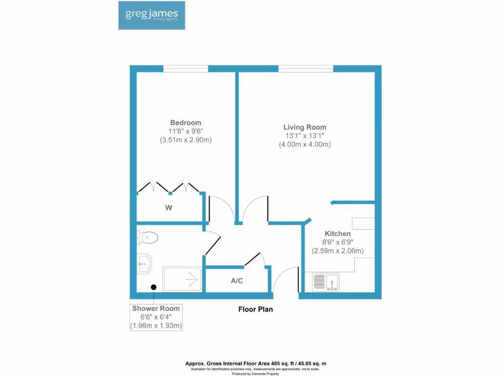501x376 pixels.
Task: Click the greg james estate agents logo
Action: [151, 15]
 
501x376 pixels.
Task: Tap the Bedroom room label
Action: [185, 122]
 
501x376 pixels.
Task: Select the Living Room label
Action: [305, 127]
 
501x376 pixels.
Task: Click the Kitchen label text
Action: [338, 234]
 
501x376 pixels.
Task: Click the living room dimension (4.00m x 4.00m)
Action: [305, 144]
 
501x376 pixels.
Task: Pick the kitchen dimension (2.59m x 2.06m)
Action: [338, 251]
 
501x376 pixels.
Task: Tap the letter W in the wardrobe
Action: [168, 208]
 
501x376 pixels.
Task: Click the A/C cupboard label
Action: [237, 281]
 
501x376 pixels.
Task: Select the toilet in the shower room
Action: [148, 238]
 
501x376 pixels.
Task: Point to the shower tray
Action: [182, 279]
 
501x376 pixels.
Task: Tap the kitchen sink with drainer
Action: [326, 282]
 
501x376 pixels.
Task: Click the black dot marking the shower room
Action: [154, 287]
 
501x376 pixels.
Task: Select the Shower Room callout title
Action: [156, 308]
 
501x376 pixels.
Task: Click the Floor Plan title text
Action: [255, 309]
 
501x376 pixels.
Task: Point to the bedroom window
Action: [185, 69]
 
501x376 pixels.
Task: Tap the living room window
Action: [306, 69]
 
